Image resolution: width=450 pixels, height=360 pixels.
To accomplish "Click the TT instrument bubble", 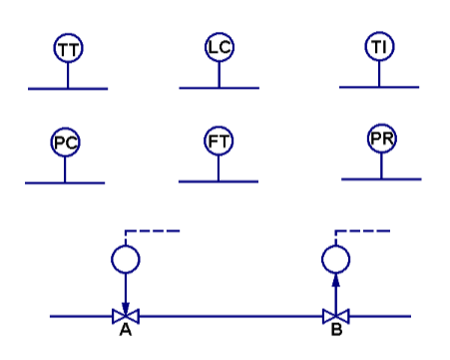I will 68,49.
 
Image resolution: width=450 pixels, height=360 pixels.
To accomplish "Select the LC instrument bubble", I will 220,47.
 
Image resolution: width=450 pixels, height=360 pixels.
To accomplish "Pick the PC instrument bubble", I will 65,143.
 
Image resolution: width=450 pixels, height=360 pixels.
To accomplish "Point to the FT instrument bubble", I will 219,142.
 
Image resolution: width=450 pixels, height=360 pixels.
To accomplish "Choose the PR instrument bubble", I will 381,140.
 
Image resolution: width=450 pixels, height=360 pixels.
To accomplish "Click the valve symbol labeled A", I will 126,317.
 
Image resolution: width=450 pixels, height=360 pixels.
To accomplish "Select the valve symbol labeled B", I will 336,317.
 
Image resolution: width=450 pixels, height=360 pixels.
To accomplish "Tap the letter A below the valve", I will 126,332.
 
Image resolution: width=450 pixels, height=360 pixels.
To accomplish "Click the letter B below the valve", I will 336,332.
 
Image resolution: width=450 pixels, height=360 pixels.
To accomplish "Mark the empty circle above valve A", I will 126,260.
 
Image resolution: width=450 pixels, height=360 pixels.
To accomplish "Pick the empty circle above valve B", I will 336,260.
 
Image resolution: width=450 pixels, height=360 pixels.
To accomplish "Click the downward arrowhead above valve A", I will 126,305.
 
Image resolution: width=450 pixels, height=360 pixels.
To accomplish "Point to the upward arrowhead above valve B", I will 336,281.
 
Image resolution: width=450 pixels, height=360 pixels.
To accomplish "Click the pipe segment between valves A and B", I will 229,317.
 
